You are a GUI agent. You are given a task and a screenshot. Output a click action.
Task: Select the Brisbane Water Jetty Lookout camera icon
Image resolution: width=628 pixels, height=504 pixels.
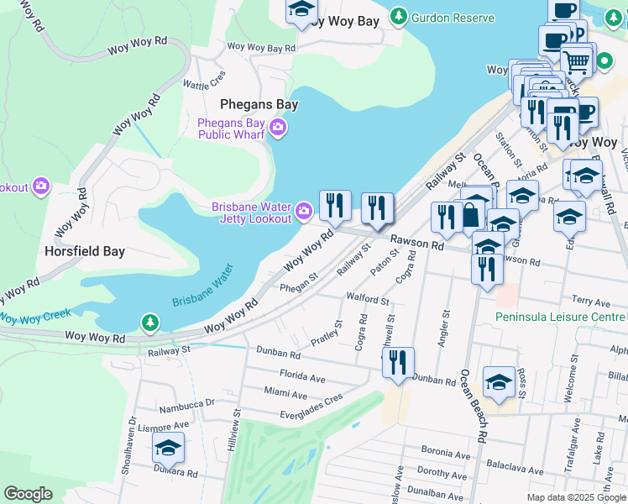303,208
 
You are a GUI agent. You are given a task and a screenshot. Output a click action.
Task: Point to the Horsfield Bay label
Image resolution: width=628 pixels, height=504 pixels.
86,250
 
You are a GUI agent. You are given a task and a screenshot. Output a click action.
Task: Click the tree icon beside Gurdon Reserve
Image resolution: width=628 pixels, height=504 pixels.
398,16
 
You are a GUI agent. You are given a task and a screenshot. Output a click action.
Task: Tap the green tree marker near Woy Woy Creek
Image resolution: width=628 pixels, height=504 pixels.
149,322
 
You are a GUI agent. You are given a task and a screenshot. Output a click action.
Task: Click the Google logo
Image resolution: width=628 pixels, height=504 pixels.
28,494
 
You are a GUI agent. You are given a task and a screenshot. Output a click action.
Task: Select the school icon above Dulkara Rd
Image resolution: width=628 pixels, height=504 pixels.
168,449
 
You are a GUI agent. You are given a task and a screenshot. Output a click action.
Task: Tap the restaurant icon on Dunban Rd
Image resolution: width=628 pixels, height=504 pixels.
398,361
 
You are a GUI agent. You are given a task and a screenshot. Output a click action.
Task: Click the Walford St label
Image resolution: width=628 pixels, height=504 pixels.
368,299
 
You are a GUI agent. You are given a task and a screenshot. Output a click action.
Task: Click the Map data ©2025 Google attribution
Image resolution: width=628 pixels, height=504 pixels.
576,496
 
